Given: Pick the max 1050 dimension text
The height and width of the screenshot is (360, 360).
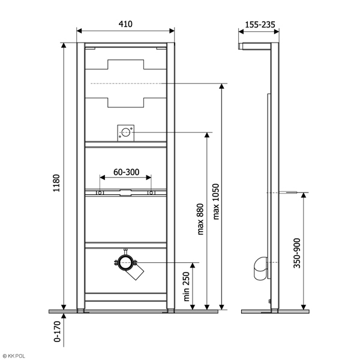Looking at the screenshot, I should tap(215, 201).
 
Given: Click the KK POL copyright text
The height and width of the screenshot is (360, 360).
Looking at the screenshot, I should tap(13, 356).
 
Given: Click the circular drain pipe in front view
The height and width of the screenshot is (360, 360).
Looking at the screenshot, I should tap(126, 262).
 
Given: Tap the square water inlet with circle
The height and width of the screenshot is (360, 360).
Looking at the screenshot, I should tap(125, 133).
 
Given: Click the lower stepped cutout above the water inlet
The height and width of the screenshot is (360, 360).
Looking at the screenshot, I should tap(126, 99).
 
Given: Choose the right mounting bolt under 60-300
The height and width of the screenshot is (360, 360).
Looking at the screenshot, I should tap(151, 193).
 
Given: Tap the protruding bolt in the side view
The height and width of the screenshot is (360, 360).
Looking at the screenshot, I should tap(289, 193).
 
